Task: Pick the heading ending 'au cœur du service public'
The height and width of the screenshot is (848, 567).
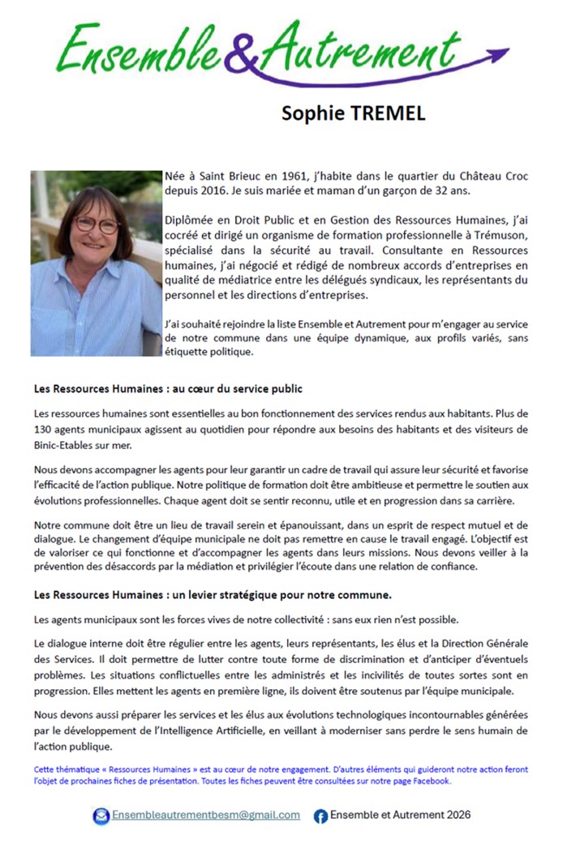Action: coord(169,389)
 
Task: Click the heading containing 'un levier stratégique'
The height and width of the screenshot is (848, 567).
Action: coord(213,595)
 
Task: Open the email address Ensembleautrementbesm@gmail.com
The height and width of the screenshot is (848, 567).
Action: coord(206,815)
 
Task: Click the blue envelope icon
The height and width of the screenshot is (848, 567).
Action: coord(101,816)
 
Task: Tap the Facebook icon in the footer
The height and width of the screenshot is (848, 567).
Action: coord(320,816)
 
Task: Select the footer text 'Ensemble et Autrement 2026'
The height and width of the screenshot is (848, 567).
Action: coord(401,815)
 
